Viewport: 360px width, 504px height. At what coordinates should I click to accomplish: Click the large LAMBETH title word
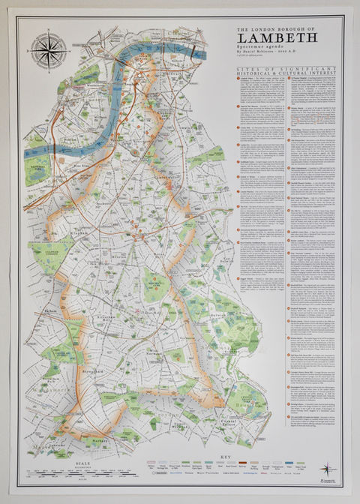coord(277,37)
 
